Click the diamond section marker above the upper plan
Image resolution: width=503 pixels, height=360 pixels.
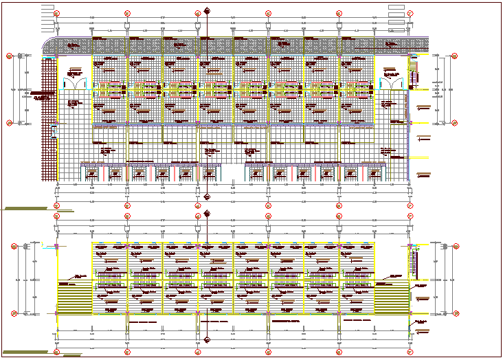coord(208,10)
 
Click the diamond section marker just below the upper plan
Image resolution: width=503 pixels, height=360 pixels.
coord(208,197)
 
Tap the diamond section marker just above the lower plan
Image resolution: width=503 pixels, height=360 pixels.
coord(208,214)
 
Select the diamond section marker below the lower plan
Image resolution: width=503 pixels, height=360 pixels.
coord(208,338)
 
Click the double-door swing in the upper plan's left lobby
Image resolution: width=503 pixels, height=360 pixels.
coord(75,83)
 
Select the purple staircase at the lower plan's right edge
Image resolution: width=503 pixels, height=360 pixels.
coord(413,262)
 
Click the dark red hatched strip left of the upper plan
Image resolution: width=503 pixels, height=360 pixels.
coord(48,117)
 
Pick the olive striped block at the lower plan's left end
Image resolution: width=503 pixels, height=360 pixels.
coord(74,300)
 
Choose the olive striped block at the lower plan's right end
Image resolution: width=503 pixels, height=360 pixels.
coord(392,300)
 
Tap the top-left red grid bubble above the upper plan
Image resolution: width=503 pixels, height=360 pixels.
coord(57,13)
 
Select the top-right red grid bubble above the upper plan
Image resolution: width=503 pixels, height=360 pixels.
coord(410,13)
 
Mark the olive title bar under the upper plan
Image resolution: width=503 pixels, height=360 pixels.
coord(21,208)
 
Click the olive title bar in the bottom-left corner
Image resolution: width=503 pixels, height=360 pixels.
coord(21,352)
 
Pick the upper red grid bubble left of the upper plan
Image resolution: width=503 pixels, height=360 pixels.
coord(10,57)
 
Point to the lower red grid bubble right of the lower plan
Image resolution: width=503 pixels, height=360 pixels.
coord(457,314)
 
